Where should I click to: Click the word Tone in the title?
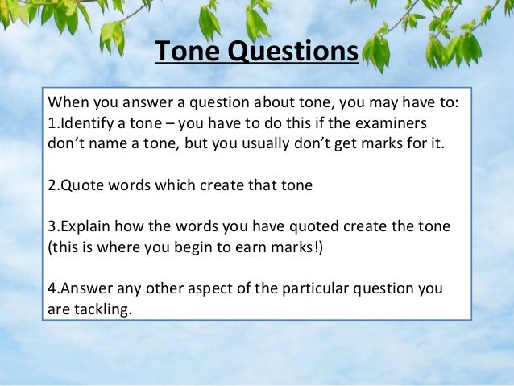[185, 53]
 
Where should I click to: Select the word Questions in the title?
[290, 53]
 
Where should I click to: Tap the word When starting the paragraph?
[68, 104]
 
